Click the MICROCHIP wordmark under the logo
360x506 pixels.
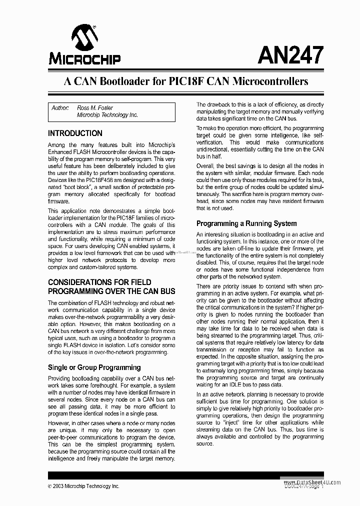84,59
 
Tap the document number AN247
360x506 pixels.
290,54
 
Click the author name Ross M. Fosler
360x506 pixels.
95,107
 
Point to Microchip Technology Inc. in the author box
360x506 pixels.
107,115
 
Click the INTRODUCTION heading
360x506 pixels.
75,133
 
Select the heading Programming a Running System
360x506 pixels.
246,223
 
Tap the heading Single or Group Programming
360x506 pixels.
94,367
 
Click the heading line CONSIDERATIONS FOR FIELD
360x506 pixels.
99,282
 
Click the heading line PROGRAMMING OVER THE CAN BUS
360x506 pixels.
111,291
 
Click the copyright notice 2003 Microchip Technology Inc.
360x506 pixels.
86,485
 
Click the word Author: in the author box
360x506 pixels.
60,107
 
